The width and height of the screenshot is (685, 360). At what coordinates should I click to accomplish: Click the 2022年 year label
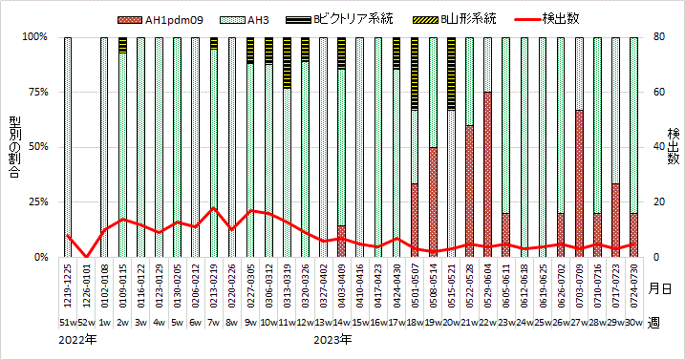pyautogui.click(x=77, y=340)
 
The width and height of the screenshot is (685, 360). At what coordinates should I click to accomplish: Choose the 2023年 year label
pyautogui.click(x=333, y=340)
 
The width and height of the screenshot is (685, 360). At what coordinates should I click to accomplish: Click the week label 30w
pyautogui.click(x=633, y=322)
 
